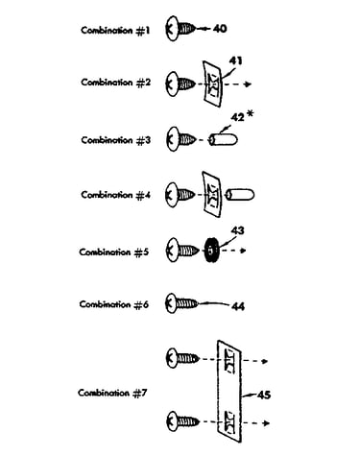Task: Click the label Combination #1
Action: (x=115, y=31)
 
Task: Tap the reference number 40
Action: (x=220, y=29)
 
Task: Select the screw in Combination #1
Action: (x=180, y=28)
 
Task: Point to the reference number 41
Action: (x=236, y=60)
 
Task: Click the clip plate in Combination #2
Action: (x=213, y=84)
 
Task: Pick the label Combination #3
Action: (x=116, y=140)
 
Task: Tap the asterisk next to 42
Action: (x=252, y=114)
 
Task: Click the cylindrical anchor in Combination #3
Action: (x=223, y=140)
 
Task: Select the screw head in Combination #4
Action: (x=172, y=195)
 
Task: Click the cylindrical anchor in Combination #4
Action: (x=240, y=195)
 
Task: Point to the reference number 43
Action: (x=237, y=230)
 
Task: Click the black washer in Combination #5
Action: (x=211, y=251)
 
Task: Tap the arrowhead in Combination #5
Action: (x=243, y=251)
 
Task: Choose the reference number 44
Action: (x=238, y=306)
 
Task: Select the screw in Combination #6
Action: (x=182, y=303)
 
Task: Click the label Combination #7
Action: (x=112, y=393)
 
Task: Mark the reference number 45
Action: (x=264, y=395)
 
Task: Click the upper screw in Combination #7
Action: (x=182, y=358)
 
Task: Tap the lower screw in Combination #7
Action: (x=182, y=421)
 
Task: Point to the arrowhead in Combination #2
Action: (x=248, y=84)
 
